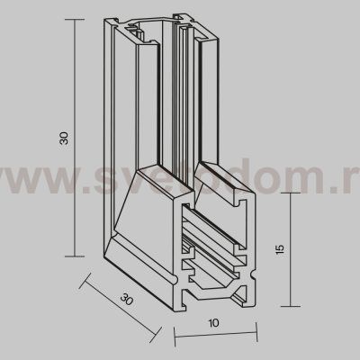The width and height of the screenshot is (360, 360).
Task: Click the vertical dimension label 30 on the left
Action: click(x=64, y=140)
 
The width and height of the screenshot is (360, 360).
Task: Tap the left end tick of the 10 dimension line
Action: click(x=175, y=339)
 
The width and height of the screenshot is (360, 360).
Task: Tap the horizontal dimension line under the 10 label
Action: click(x=211, y=339)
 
